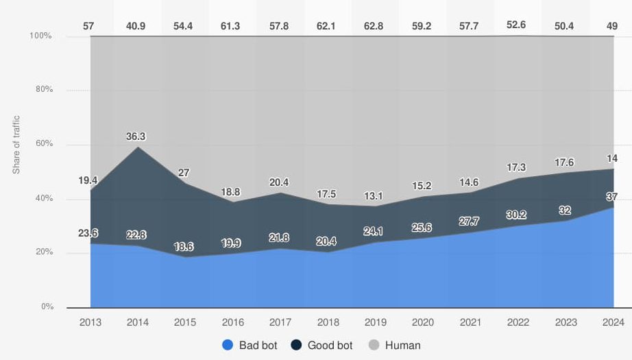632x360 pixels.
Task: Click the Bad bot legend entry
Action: pyautogui.click(x=250, y=346)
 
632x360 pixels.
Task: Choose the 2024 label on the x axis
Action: pyautogui.click(x=613, y=322)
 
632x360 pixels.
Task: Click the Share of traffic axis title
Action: pyautogui.click(x=16, y=145)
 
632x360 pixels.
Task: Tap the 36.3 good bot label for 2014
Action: pyautogui.click(x=136, y=136)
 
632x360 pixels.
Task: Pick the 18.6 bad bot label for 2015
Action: pyautogui.click(x=184, y=246)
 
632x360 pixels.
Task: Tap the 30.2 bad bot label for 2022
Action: pyautogui.click(x=516, y=215)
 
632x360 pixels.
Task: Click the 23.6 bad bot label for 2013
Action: pyautogui.click(x=87, y=232)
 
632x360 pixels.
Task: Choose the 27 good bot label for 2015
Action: pyautogui.click(x=184, y=172)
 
